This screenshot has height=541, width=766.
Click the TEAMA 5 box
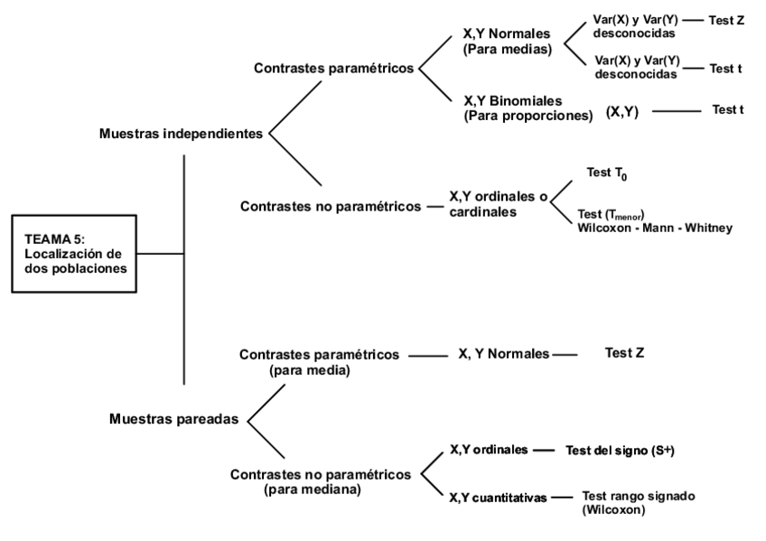(72, 254)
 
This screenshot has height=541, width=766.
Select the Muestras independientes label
(179, 134)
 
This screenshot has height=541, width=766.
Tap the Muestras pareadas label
(174, 419)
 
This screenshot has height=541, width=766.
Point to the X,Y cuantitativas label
(497, 497)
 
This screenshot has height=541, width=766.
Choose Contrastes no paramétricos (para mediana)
(322, 480)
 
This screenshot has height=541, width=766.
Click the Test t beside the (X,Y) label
(727, 110)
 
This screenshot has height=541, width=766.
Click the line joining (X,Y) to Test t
(676, 112)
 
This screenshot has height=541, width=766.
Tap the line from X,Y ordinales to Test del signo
(545, 449)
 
